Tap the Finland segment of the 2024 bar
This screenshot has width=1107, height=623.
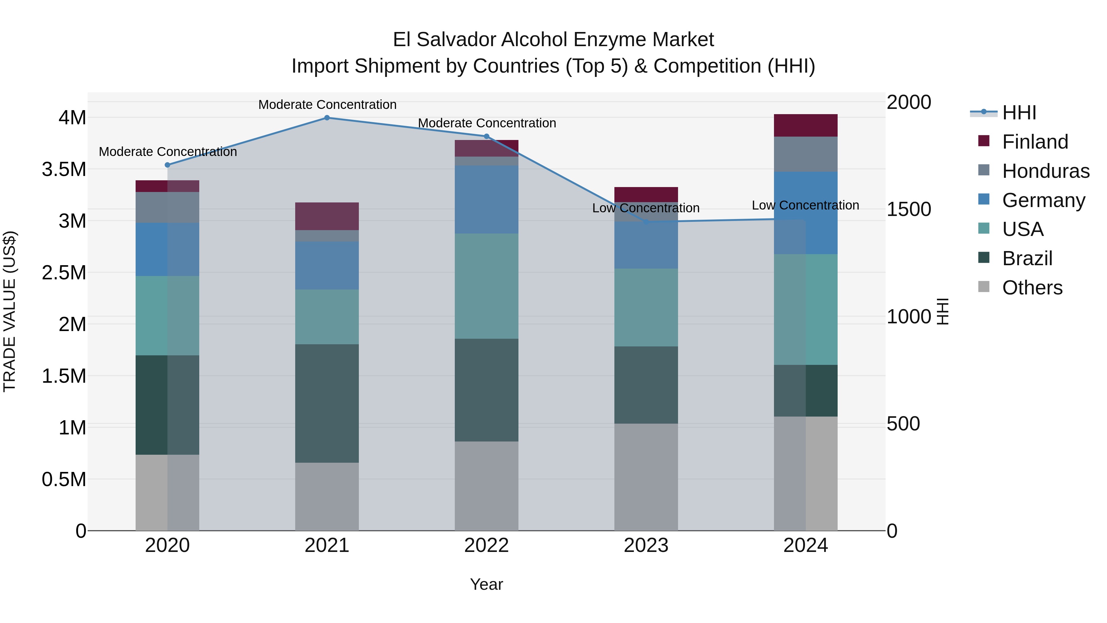(805, 126)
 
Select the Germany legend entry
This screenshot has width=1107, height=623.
(1043, 200)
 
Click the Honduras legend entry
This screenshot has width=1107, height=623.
(1045, 171)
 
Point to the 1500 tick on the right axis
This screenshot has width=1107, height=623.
(908, 210)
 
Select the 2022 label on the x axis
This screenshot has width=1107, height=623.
(486, 545)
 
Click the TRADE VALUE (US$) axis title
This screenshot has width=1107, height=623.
(10, 311)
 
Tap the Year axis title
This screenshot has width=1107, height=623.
(486, 584)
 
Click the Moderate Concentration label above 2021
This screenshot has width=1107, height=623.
(327, 105)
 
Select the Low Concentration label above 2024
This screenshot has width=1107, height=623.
(805, 205)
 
